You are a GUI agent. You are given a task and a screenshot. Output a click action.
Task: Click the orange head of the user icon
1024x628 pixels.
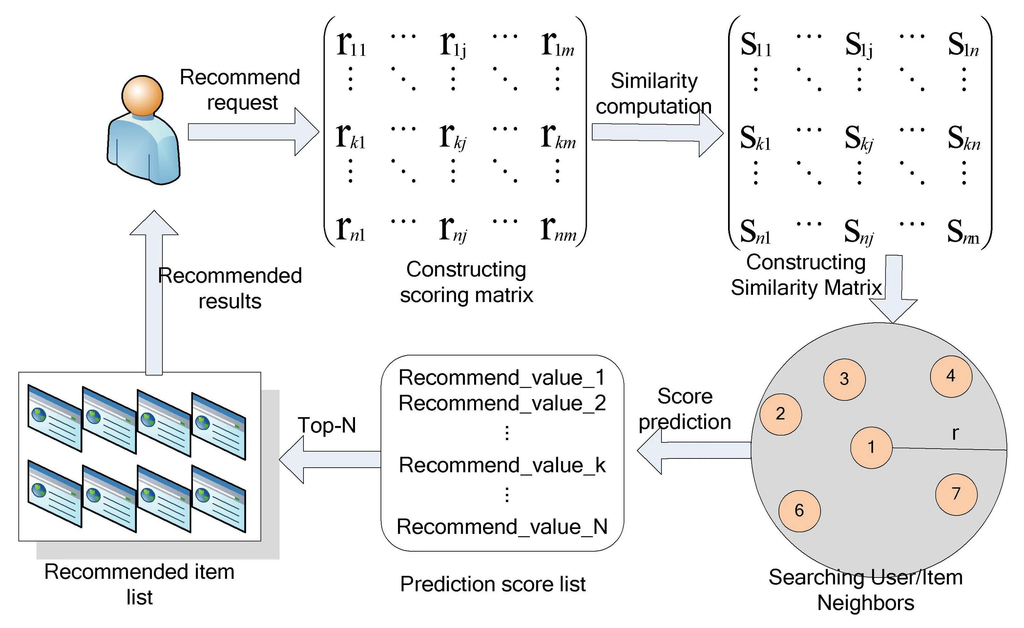point(142,96)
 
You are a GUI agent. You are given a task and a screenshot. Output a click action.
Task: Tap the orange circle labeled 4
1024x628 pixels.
point(951,376)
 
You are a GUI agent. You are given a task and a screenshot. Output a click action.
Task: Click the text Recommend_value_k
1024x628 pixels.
point(502,465)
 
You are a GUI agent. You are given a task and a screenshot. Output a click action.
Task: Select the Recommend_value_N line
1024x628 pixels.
point(502,527)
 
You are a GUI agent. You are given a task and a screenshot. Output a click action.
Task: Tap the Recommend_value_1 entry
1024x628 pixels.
point(502,378)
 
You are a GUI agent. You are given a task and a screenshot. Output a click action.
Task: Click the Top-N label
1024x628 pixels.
point(327,425)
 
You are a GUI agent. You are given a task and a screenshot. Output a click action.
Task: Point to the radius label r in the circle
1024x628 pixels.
point(955,434)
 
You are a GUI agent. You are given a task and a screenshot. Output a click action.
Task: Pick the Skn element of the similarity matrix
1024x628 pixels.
point(964,138)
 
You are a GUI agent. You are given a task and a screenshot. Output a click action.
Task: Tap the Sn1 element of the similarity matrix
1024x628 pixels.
point(755,232)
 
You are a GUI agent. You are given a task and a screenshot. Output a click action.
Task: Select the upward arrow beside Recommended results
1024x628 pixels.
point(154,291)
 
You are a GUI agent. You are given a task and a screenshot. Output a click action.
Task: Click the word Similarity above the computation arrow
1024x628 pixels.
point(654,81)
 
